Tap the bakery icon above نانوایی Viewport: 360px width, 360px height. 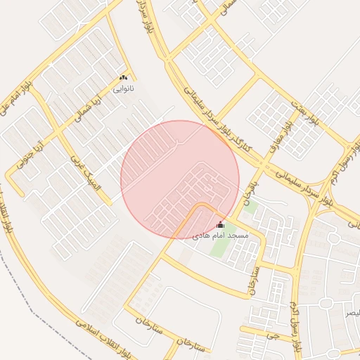124,78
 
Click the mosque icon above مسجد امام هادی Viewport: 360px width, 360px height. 220,225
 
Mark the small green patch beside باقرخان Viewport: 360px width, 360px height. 250,208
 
